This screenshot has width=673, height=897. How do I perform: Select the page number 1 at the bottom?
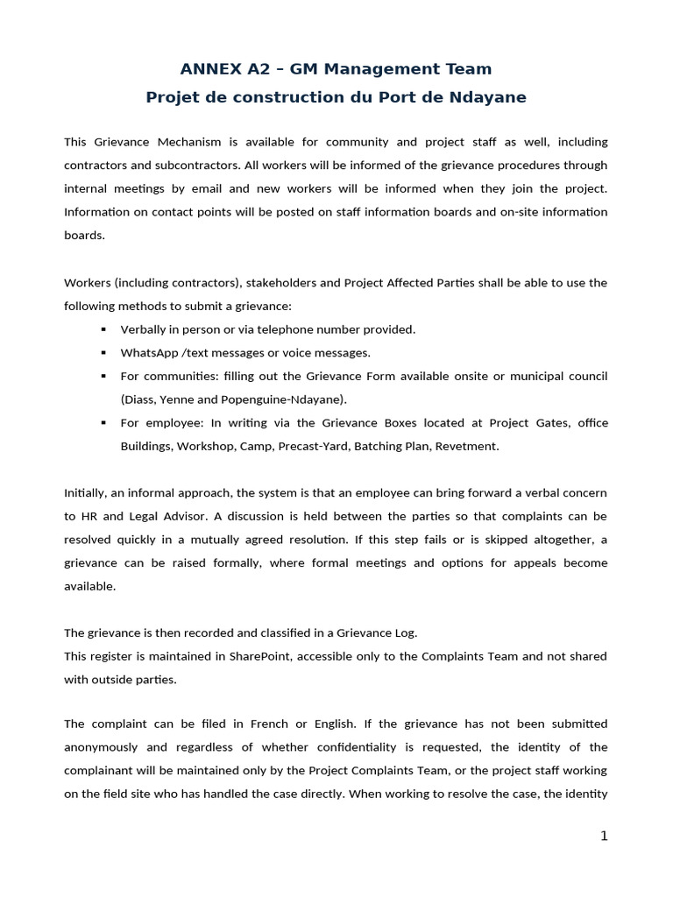(x=604, y=836)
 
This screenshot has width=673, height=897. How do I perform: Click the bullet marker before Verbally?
(x=103, y=329)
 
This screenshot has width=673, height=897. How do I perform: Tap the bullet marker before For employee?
(x=103, y=423)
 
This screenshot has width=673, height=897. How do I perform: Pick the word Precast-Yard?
(x=313, y=446)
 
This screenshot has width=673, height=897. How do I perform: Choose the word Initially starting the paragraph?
(x=86, y=492)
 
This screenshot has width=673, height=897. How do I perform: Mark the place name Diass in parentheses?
(x=141, y=399)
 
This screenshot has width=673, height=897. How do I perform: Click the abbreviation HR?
(x=90, y=516)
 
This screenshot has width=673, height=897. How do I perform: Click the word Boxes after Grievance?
(x=382, y=422)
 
